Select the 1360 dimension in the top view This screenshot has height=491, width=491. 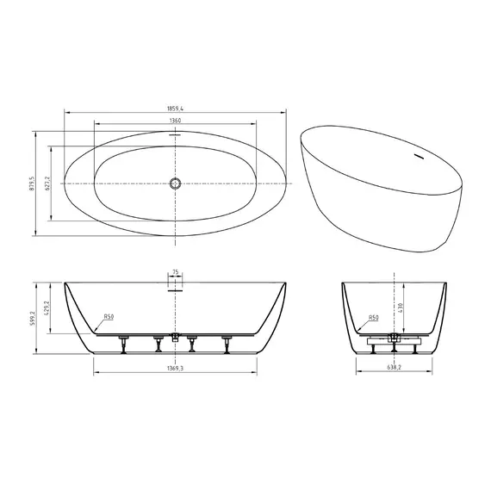176,121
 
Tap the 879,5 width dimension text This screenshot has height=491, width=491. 30,183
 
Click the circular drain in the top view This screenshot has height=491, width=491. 176,183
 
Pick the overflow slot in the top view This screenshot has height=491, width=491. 176,135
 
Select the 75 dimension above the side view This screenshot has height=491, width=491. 176,272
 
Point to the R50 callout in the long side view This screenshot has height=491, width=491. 109,317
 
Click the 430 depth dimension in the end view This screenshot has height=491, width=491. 401,308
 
